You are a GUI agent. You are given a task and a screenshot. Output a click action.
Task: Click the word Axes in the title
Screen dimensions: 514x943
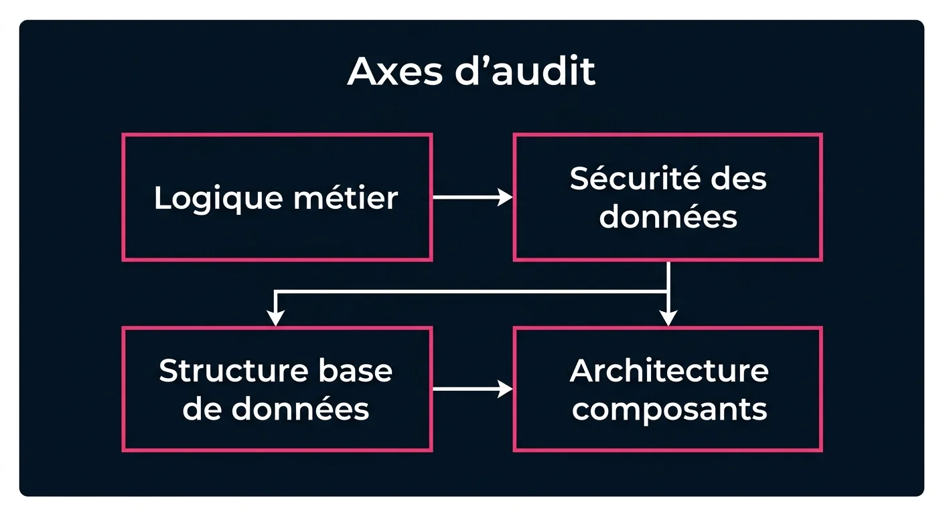tap(391, 72)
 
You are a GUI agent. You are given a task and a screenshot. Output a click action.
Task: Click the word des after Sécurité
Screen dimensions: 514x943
tap(739, 179)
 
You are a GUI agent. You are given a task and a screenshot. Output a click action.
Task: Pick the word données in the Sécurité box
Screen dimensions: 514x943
tap(668, 217)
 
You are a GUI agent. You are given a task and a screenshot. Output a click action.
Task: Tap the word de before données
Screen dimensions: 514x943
tap(202, 409)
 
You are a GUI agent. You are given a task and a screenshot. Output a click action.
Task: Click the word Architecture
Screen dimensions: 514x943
tap(668, 371)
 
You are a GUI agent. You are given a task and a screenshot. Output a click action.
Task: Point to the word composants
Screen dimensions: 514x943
tap(668, 409)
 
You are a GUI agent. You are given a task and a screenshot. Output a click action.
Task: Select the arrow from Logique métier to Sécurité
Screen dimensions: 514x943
tap(472, 197)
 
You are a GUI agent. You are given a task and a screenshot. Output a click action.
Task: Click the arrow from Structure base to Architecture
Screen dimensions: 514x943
tap(472, 389)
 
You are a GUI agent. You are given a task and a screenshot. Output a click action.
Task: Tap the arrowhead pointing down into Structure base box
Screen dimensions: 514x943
tap(275, 317)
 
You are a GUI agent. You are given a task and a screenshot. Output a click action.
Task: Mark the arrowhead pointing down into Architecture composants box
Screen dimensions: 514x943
tap(668, 317)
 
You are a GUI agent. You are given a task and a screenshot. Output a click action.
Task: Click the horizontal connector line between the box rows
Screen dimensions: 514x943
tap(469, 292)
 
